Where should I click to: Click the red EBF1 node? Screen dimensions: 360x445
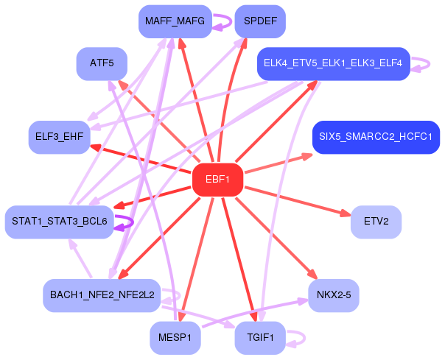click(x=217, y=180)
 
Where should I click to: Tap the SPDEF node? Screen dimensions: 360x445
click(x=260, y=21)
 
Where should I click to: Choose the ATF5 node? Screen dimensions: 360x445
click(x=102, y=63)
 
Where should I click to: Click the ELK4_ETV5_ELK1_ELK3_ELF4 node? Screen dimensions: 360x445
click(x=333, y=63)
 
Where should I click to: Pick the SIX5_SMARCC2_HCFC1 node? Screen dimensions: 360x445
click(x=376, y=137)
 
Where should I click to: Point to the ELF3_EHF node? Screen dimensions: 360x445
click(x=59, y=137)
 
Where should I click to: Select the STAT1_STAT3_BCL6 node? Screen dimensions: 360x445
click(x=60, y=221)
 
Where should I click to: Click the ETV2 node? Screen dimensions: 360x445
click(x=376, y=221)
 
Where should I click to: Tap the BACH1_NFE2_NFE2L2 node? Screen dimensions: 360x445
click(x=102, y=294)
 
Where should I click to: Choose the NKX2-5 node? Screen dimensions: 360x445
click(x=333, y=294)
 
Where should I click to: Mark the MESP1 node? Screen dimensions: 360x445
click(x=175, y=338)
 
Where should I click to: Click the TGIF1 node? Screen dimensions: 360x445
click(x=260, y=338)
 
